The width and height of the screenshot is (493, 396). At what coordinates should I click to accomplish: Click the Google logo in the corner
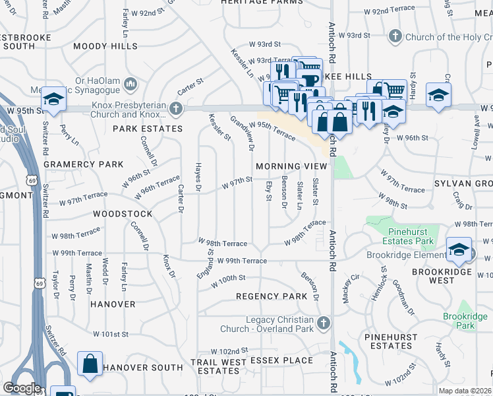tap(22, 388)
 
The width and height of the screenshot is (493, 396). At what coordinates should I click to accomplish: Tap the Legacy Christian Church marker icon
tap(323, 323)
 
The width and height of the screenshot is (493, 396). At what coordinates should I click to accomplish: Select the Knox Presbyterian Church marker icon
tap(175, 108)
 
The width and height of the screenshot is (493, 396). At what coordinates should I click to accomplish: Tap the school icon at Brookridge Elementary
tap(458, 249)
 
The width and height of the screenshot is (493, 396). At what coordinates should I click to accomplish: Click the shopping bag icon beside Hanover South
tap(90, 364)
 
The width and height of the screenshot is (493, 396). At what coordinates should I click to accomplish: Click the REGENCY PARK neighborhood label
tap(272, 296)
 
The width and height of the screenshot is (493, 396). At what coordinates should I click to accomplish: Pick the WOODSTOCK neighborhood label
tap(123, 214)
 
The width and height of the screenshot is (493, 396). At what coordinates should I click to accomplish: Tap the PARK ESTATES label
tap(147, 129)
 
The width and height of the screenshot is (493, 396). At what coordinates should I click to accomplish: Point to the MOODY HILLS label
tap(105, 46)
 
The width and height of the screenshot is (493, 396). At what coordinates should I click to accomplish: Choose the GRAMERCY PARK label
tap(83, 164)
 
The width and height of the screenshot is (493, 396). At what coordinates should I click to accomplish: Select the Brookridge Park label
tap(465, 321)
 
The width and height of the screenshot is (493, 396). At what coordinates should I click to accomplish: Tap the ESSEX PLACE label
tap(280, 360)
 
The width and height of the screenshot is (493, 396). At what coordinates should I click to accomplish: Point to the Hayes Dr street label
tap(198, 178)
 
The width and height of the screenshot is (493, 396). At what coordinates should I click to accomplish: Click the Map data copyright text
tap(465, 391)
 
